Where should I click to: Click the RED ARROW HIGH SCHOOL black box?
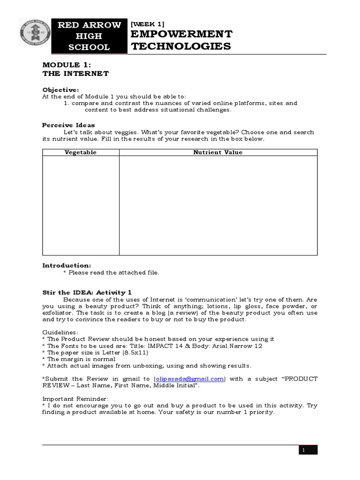click(x=89, y=36)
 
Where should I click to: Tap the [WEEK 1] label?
click(x=148, y=23)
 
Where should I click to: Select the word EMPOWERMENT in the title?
click(x=181, y=34)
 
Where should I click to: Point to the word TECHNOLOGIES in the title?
click(x=181, y=46)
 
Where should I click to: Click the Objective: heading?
click(x=60, y=90)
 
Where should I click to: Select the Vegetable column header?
click(x=81, y=152)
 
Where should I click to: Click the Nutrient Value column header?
click(x=218, y=152)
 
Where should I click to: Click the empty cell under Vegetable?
click(x=81, y=205)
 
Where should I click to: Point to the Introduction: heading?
click(x=67, y=265)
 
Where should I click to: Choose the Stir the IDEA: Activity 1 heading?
click(x=90, y=292)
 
